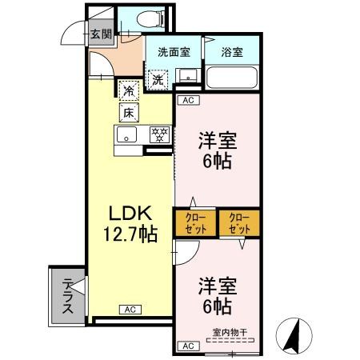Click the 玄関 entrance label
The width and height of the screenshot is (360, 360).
coord(101,34)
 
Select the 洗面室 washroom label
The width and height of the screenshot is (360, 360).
coord(173,53)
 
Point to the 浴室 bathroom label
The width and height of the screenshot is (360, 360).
coord(232,53)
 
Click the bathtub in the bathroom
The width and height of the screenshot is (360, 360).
coord(231,79)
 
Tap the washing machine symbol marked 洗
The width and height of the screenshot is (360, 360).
coord(158,79)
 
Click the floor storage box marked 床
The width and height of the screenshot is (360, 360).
coord(128,113)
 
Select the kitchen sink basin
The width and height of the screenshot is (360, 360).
coord(128,135)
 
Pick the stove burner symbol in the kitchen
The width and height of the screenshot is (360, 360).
coord(160,135)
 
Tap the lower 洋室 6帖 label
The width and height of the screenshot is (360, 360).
coord(215,295)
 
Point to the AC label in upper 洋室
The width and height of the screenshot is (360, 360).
coord(187,101)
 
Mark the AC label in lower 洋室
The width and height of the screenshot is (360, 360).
coord(188,346)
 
